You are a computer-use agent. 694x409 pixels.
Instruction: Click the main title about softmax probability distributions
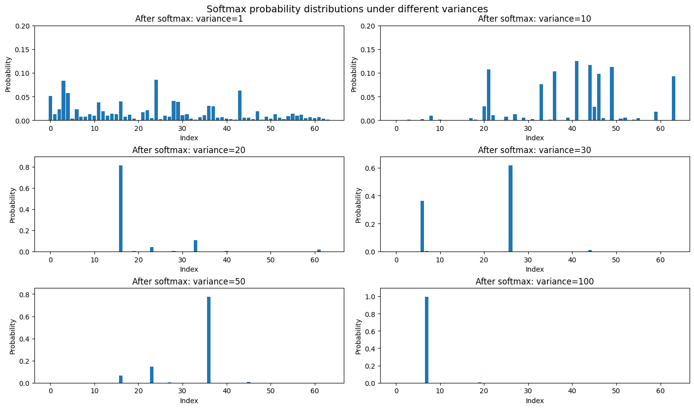pos(347,9)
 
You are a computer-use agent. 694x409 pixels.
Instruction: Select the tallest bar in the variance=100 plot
pos(426,340)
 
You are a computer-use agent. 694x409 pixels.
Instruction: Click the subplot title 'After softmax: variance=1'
pos(189,19)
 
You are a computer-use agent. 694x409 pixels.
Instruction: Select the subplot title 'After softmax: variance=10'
pos(535,19)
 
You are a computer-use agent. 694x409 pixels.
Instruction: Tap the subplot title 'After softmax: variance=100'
pos(535,282)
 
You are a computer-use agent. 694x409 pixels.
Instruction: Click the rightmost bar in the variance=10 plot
pos(673,98)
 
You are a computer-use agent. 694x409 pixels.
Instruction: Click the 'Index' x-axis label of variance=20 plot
pos(189,269)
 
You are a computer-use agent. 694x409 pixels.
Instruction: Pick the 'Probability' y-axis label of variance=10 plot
pos(354,74)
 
